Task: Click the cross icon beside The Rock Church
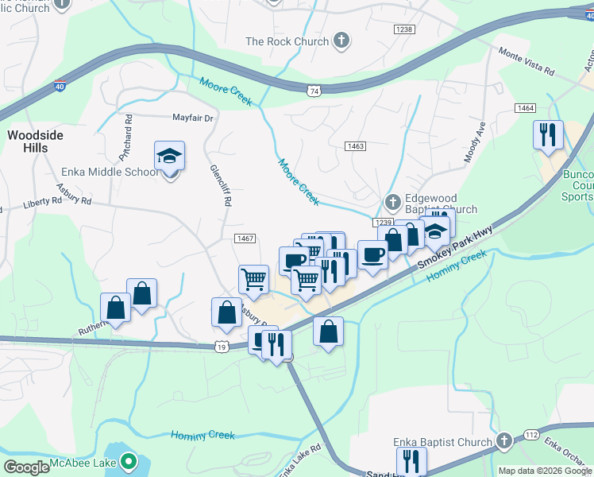(341, 41)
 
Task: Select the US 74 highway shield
(314, 91)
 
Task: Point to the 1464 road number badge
(525, 107)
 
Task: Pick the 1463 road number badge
(355, 146)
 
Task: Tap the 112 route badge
(531, 434)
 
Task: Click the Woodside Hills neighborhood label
(35, 142)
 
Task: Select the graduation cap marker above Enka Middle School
(169, 155)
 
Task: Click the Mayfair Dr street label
(194, 118)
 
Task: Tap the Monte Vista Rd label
(526, 61)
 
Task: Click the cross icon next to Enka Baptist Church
(503, 442)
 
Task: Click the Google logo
(27, 467)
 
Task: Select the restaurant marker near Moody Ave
(548, 134)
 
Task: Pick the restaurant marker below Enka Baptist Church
(411, 460)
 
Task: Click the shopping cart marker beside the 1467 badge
(253, 279)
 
